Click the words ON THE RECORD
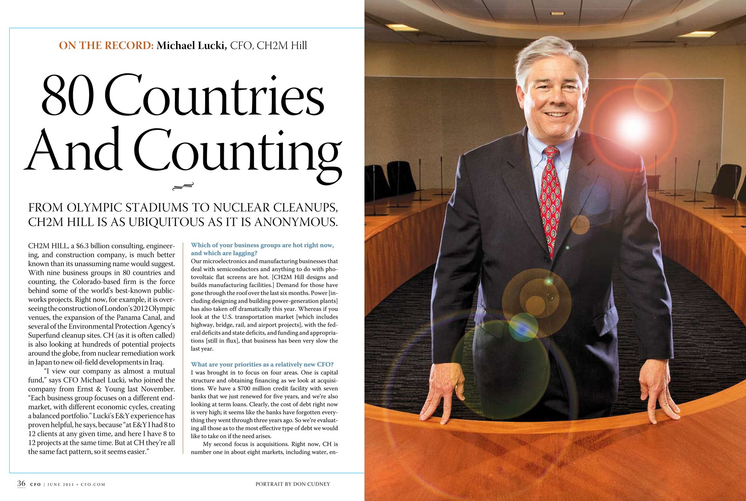click(x=106, y=46)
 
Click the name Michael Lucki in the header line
click(x=191, y=46)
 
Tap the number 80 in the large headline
click(x=68, y=96)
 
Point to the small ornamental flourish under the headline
click(x=183, y=186)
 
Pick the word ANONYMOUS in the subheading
click(x=295, y=222)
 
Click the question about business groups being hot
click(x=262, y=249)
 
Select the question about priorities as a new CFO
click(x=262, y=364)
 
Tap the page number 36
click(x=21, y=483)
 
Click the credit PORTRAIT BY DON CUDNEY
click(x=292, y=484)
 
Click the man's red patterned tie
click(x=551, y=198)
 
